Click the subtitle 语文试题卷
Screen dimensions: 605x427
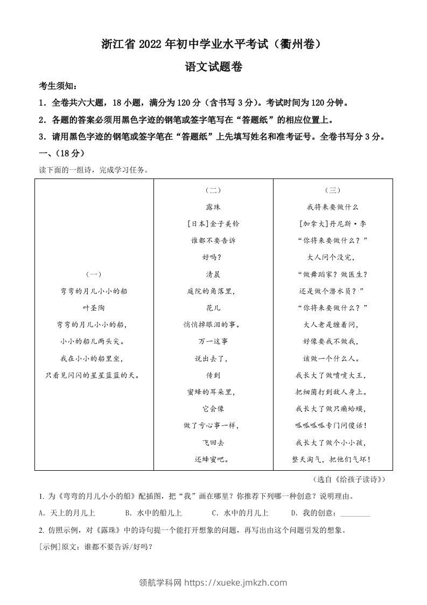point(213,67)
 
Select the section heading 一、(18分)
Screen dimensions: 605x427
point(62,153)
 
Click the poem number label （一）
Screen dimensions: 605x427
point(94,274)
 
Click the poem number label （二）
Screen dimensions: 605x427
point(213,190)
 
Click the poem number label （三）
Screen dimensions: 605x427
point(332,190)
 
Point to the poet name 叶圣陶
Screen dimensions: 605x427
point(94,307)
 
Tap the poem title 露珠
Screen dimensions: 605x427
point(213,207)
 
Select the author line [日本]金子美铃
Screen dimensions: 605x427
point(213,223)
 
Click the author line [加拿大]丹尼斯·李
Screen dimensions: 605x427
point(332,223)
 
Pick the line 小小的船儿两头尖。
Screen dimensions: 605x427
point(94,341)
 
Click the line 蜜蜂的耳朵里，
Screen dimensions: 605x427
point(213,391)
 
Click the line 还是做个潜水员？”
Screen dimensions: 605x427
point(332,291)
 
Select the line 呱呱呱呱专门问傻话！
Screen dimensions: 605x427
point(332,425)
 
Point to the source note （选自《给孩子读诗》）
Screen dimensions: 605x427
point(349,479)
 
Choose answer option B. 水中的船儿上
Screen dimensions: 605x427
point(153,513)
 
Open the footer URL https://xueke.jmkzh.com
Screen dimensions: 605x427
point(236,582)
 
